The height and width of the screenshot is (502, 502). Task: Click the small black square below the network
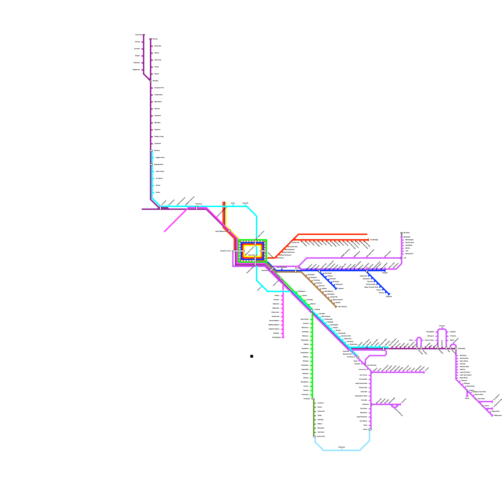click(252, 356)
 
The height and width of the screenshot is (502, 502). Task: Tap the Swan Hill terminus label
click(138, 35)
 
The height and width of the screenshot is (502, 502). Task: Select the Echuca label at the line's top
click(155, 39)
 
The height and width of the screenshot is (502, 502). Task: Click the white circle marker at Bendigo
click(151, 81)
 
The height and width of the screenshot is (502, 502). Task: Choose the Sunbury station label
click(157, 151)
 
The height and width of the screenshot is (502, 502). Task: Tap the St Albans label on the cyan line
click(159, 178)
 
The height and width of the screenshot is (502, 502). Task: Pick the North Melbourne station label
click(221, 231)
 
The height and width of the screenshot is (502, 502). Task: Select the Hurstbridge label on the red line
click(374, 240)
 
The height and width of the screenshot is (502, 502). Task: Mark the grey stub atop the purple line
click(402, 234)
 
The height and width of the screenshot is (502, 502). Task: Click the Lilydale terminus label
click(385, 273)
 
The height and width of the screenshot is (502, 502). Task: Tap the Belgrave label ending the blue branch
click(389, 296)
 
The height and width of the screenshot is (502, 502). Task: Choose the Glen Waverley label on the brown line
click(342, 307)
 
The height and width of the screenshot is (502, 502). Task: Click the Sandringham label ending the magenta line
click(276, 337)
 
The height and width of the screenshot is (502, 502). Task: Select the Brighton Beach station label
click(274, 329)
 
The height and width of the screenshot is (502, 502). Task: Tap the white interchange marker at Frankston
click(313, 399)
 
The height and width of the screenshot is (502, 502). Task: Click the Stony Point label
click(321, 436)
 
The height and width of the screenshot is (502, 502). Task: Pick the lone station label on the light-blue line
click(342, 447)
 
